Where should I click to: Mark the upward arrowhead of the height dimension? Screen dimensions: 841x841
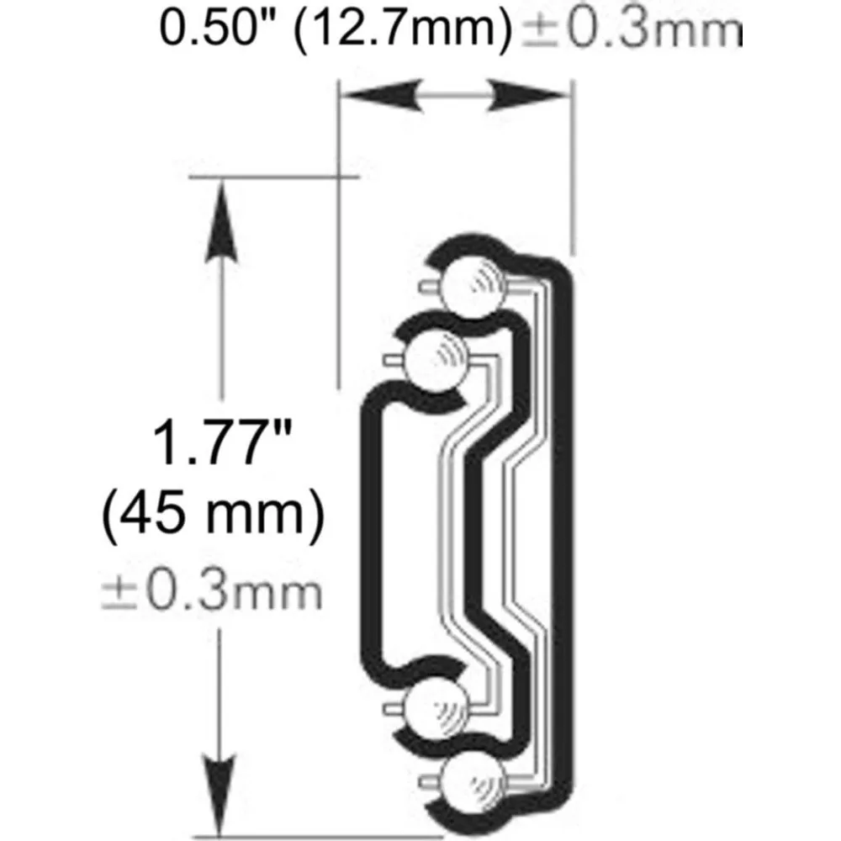[x=221, y=210]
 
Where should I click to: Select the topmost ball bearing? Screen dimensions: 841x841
[x=477, y=283]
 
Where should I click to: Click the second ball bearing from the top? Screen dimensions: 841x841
[x=437, y=357]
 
